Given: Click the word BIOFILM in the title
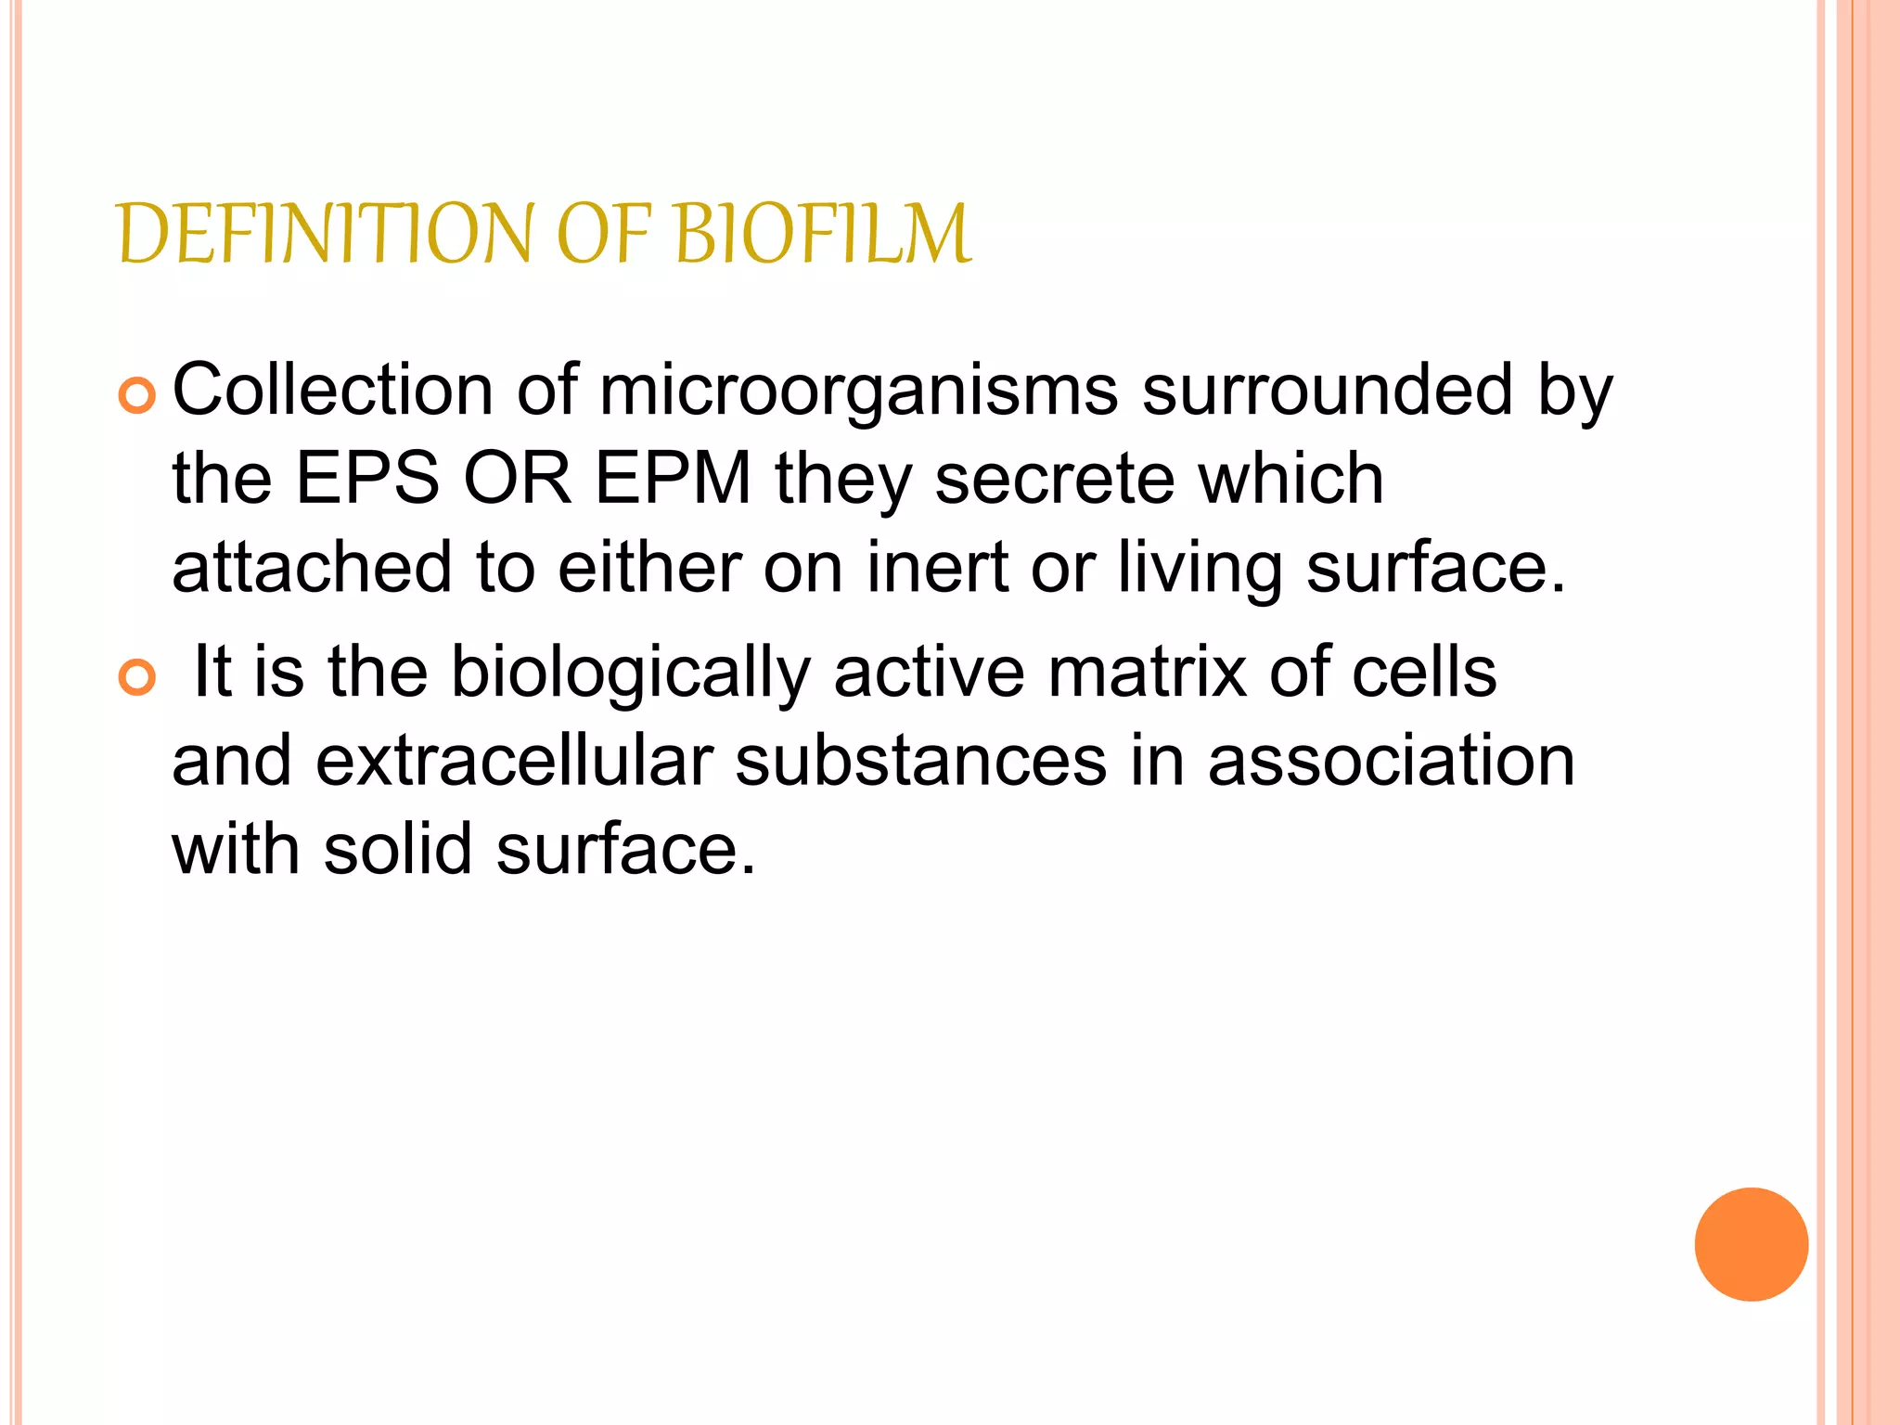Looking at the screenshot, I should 823,234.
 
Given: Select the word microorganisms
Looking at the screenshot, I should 859,392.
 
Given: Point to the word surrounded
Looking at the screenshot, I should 1328,390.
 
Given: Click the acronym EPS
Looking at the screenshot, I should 367,479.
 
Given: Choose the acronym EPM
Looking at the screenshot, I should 673,479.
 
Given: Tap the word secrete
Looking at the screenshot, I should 1054,481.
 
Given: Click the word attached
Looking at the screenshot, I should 312,568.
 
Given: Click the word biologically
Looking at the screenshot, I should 630,674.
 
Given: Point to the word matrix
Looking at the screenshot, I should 1147,672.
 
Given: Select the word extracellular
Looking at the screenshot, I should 514,761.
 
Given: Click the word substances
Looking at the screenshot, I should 920,761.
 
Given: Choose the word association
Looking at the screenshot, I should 1392,761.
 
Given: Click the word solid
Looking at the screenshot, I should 398,850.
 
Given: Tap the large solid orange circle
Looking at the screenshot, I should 1751,1244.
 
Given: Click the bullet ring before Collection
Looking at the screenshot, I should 137,397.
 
